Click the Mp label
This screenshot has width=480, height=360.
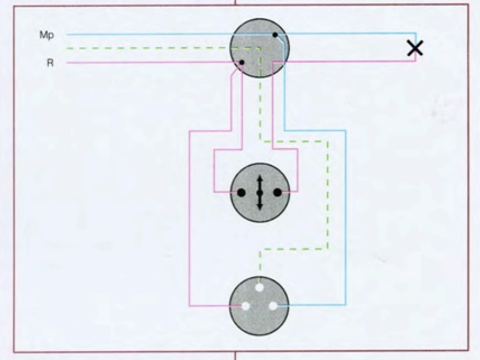(47, 35)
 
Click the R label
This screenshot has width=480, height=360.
(50, 63)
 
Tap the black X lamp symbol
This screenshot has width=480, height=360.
(415, 48)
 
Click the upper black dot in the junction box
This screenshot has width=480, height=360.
(275, 35)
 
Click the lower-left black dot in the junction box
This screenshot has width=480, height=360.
(242, 62)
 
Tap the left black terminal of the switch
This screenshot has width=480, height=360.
(241, 192)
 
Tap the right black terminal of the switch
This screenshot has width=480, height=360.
(278, 192)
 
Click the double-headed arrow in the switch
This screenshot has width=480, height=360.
(260, 193)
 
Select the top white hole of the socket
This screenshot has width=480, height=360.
(259, 288)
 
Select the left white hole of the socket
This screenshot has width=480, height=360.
(245, 306)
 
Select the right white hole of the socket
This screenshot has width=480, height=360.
(273, 306)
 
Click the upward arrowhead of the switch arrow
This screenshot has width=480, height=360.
(260, 178)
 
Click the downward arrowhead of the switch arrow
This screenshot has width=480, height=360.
(260, 207)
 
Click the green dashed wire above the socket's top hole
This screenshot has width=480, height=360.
(260, 266)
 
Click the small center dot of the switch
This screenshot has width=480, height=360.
(260, 193)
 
